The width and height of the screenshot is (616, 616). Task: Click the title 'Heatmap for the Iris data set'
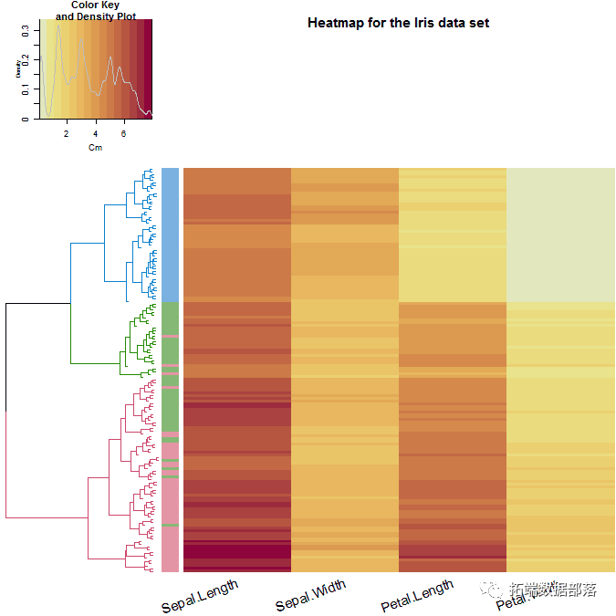(x=398, y=23)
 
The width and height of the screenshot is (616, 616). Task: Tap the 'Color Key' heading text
(x=96, y=5)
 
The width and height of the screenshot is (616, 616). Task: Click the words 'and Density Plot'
(x=96, y=16)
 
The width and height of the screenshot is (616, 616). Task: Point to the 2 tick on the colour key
(x=67, y=133)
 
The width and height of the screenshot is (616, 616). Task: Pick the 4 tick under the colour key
(x=95, y=133)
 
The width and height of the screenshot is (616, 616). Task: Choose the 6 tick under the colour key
(x=124, y=133)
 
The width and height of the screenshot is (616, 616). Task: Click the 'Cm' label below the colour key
(x=95, y=147)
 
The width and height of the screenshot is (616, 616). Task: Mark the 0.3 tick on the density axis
(x=26, y=30)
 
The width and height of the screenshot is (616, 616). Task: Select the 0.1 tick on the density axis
(x=26, y=90)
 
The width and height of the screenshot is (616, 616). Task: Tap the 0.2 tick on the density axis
(x=26, y=60)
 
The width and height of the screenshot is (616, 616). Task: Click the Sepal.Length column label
(x=200, y=596)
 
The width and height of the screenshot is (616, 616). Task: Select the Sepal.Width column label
(x=311, y=595)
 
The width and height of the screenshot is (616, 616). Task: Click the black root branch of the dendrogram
(x=6, y=356)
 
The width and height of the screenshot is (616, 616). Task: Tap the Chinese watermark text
(x=552, y=590)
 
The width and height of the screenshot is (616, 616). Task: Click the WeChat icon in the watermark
(x=493, y=590)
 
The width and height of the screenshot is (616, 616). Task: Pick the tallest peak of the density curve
(x=58, y=26)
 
